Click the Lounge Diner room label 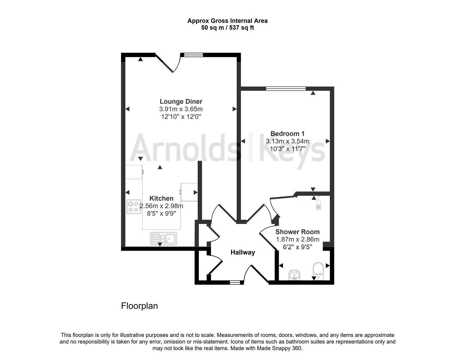pos(181,102)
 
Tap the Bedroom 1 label pos(287,134)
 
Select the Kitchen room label pos(161,198)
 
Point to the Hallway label pos(243,252)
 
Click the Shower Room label pos(297,232)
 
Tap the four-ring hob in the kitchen pos(134,207)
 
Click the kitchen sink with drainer pos(164,238)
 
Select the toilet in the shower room pos(318,270)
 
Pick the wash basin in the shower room pos(294,275)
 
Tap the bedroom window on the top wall pos(286,88)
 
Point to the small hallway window pos(235,282)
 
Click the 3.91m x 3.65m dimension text pos(181,109)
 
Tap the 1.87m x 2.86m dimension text pos(297,239)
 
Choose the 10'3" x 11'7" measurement pos(287,149)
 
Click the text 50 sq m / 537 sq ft pos(227,28)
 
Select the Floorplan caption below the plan pos(139,306)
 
